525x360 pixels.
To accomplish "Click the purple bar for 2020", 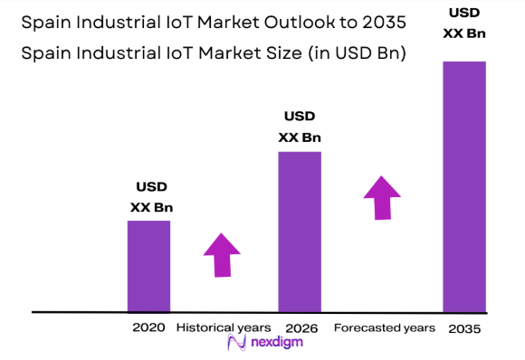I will click(x=148, y=266).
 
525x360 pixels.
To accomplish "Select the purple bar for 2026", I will click(x=299, y=231).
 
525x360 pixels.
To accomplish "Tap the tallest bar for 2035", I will click(x=463, y=185).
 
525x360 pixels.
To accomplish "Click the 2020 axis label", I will click(x=148, y=327).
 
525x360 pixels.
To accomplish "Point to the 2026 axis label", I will click(x=299, y=327).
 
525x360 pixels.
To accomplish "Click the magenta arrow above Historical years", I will click(x=221, y=254).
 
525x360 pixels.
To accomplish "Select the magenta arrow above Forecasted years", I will click(x=383, y=196).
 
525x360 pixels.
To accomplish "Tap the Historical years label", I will click(x=224, y=327).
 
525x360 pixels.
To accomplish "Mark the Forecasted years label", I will click(x=385, y=327).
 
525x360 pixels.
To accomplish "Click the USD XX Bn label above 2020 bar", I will click(x=151, y=198).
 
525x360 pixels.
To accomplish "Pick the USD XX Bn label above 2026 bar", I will click(x=300, y=127).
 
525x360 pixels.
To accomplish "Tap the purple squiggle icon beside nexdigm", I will click(x=236, y=344).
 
